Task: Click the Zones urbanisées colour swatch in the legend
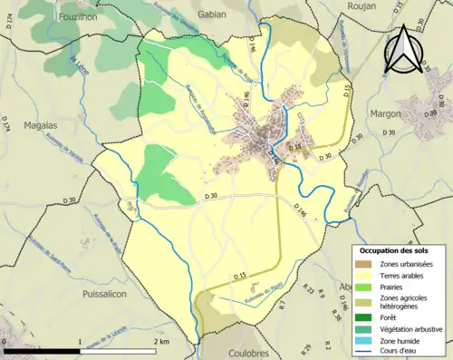point(367,264)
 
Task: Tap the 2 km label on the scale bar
point(159,341)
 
